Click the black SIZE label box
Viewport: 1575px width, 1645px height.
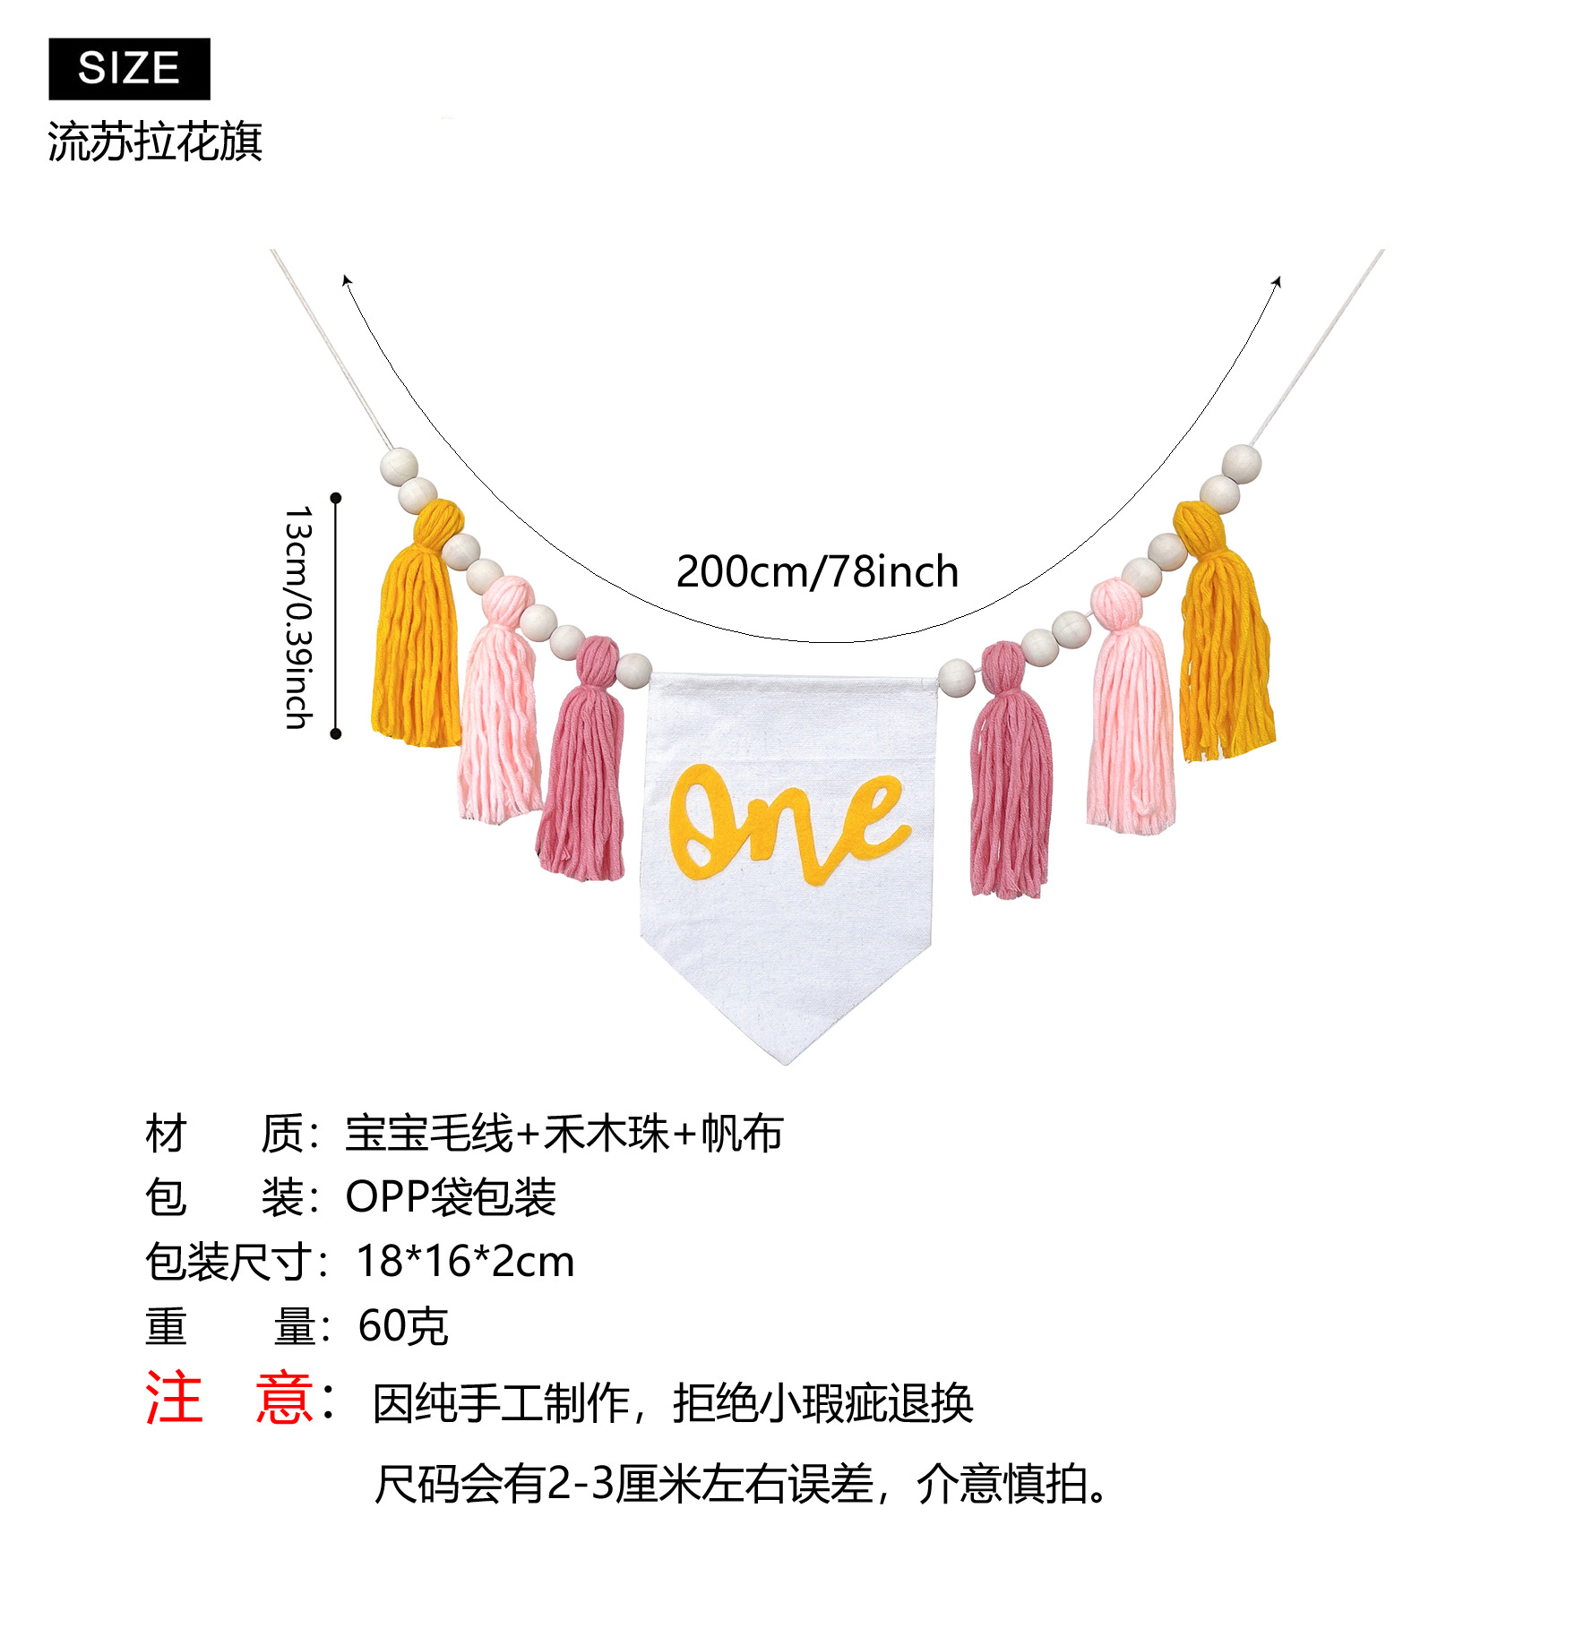tap(129, 69)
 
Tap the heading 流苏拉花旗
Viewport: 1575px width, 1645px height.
tap(154, 142)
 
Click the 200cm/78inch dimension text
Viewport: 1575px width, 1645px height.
tap(817, 571)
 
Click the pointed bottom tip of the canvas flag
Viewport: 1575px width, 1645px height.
tap(787, 1060)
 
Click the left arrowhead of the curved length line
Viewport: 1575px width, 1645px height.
tap(346, 280)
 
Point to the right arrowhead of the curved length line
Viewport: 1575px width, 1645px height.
tap(1278, 281)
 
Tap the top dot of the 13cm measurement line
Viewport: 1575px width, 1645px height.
tap(336, 497)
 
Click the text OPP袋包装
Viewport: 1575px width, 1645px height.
tap(451, 1197)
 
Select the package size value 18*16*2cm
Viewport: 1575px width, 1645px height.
tap(465, 1262)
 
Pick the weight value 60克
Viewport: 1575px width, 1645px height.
tap(403, 1326)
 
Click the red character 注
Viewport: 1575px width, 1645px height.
tap(174, 1398)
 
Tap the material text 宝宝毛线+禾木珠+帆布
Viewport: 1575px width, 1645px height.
tap(564, 1134)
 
